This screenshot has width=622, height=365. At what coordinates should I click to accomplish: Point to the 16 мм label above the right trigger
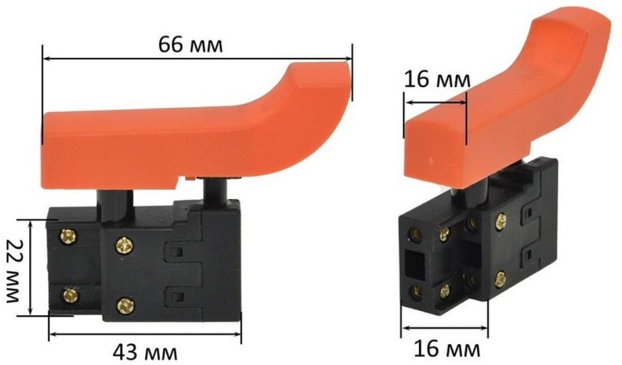[437, 80]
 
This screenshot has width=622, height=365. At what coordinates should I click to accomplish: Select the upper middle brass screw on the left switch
[124, 245]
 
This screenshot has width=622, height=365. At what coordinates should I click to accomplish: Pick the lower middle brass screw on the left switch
[124, 304]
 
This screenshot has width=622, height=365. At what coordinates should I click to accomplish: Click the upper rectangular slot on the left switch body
[175, 249]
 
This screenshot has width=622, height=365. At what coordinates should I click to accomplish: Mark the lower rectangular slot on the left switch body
[175, 294]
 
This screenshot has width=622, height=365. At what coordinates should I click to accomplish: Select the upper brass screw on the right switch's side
[501, 221]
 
